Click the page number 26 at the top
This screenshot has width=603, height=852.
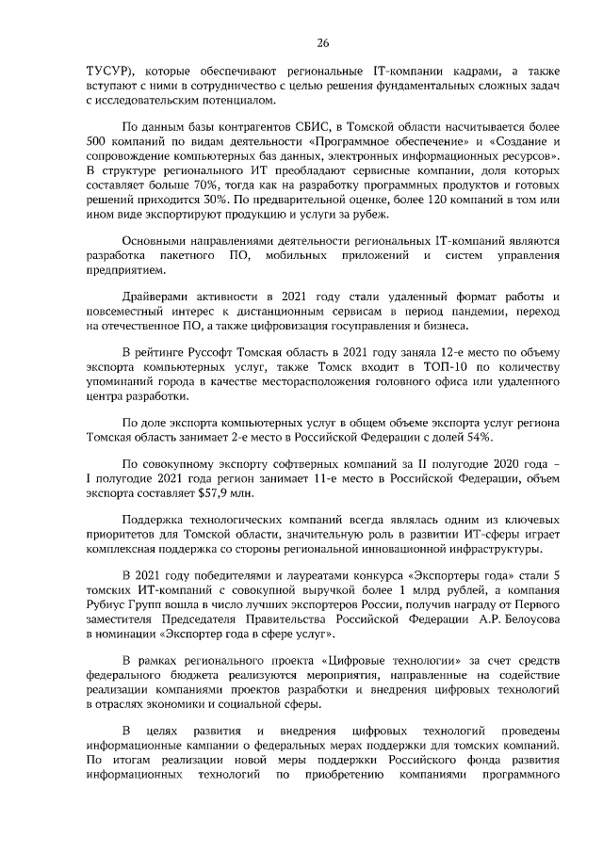pos(323,43)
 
